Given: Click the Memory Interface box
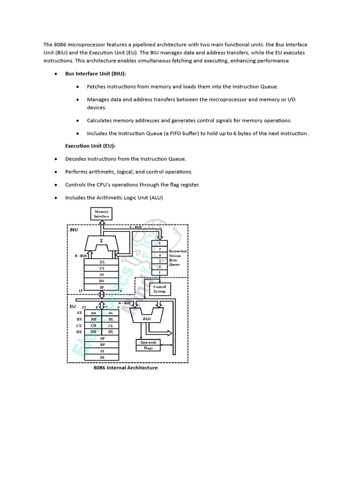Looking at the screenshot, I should point(101,214).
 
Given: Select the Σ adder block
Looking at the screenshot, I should point(102,241).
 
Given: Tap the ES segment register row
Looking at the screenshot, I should point(102,262).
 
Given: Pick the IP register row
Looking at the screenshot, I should point(102,286).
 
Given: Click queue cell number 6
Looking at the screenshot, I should point(159,243).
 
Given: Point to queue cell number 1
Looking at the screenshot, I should point(159,272).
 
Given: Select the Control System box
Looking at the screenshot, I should point(159,289).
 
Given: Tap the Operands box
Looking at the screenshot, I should point(149,342).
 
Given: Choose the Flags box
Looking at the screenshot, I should point(149,348).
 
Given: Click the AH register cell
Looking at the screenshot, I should point(93,313).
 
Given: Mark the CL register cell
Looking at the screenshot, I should point(111,325).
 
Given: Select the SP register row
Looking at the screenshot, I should point(102,338).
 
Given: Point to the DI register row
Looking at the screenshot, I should point(102,357).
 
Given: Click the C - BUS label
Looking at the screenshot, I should point(135,227).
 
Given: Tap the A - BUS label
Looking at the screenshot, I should point(124,303).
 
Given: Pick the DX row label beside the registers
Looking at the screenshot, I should point(79,332).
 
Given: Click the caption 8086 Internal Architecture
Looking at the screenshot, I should point(126,368).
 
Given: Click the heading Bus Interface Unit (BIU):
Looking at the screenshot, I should point(96,74).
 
